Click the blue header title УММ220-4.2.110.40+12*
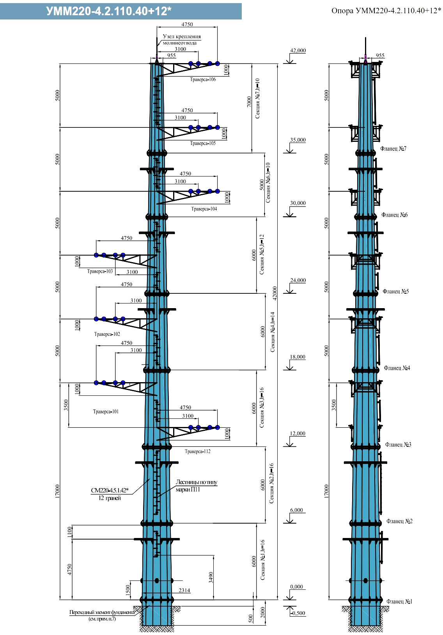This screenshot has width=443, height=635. click(109, 11)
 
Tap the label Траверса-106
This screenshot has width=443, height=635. click(203, 79)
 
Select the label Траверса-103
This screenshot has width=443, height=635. click(100, 271)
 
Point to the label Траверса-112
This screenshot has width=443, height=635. click(197, 452)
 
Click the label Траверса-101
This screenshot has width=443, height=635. click(106, 411)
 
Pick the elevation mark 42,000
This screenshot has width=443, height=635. click(298, 51)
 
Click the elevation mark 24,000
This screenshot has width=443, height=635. click(298, 280)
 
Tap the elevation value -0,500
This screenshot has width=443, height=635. click(298, 613)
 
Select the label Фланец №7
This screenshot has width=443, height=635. click(393, 148)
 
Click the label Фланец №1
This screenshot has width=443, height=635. click(399, 601)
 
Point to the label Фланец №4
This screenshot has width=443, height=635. click(397, 368)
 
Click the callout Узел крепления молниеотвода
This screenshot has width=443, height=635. click(182, 39)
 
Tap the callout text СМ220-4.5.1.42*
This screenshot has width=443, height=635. click(110, 490)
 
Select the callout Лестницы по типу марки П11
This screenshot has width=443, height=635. click(196, 485)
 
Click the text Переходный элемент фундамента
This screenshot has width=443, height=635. click(102, 612)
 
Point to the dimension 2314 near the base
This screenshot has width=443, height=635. click(184, 590)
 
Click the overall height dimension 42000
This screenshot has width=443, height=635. click(275, 293)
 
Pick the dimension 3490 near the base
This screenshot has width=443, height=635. click(211, 577)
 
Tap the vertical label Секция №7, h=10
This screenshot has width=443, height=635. click(257, 98)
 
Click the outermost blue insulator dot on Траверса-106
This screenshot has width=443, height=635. click(217, 64)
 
